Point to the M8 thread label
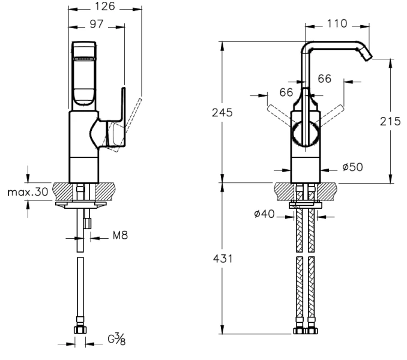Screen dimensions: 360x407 click(120, 236)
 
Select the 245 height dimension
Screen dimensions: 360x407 click(222, 112)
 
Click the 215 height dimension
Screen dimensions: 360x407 click(391, 121)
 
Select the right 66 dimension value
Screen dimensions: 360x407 click(325, 79)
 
